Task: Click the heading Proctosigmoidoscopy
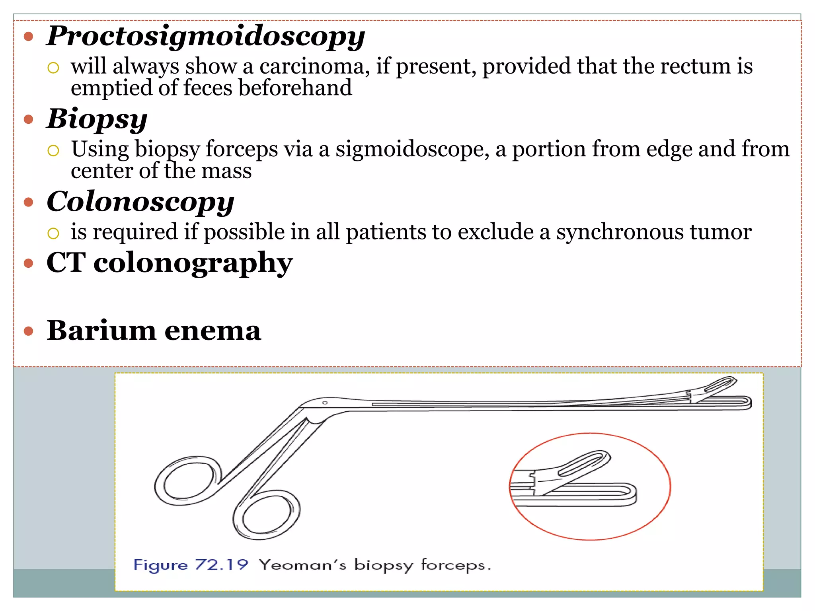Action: (x=205, y=37)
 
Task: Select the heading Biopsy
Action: (x=97, y=119)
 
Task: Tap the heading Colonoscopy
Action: (x=140, y=202)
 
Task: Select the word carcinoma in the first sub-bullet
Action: (x=312, y=66)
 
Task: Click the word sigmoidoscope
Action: (x=412, y=150)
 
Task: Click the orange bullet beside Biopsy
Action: (x=28, y=119)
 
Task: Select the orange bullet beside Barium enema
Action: (x=28, y=331)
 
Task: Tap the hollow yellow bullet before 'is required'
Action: (x=53, y=233)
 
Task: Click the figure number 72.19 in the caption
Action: (x=221, y=565)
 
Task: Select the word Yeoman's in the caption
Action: (x=302, y=565)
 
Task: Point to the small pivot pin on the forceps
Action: (x=325, y=403)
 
